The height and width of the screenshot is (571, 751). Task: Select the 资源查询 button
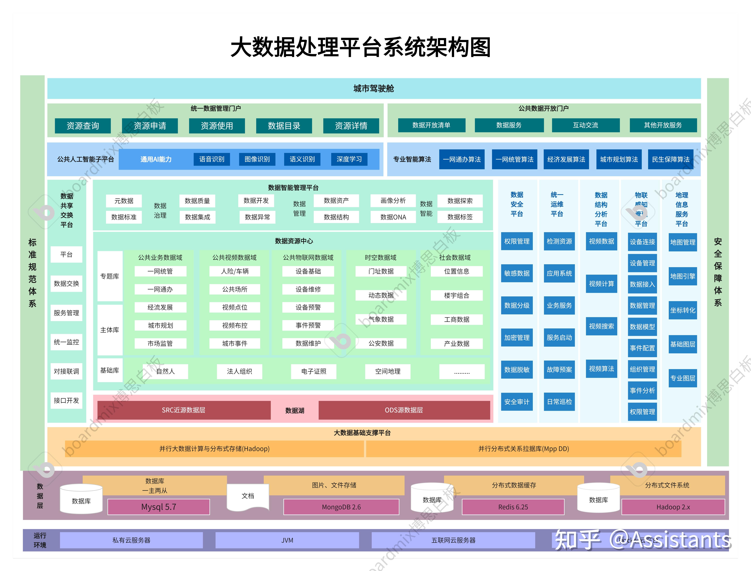(83, 126)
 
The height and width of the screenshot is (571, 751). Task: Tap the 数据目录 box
(284, 126)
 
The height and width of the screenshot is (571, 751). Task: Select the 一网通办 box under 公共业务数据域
(160, 289)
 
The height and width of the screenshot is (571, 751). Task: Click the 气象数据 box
(381, 319)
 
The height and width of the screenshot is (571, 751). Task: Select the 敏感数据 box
(517, 273)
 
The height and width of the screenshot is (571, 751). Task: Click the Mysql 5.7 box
(158, 507)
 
